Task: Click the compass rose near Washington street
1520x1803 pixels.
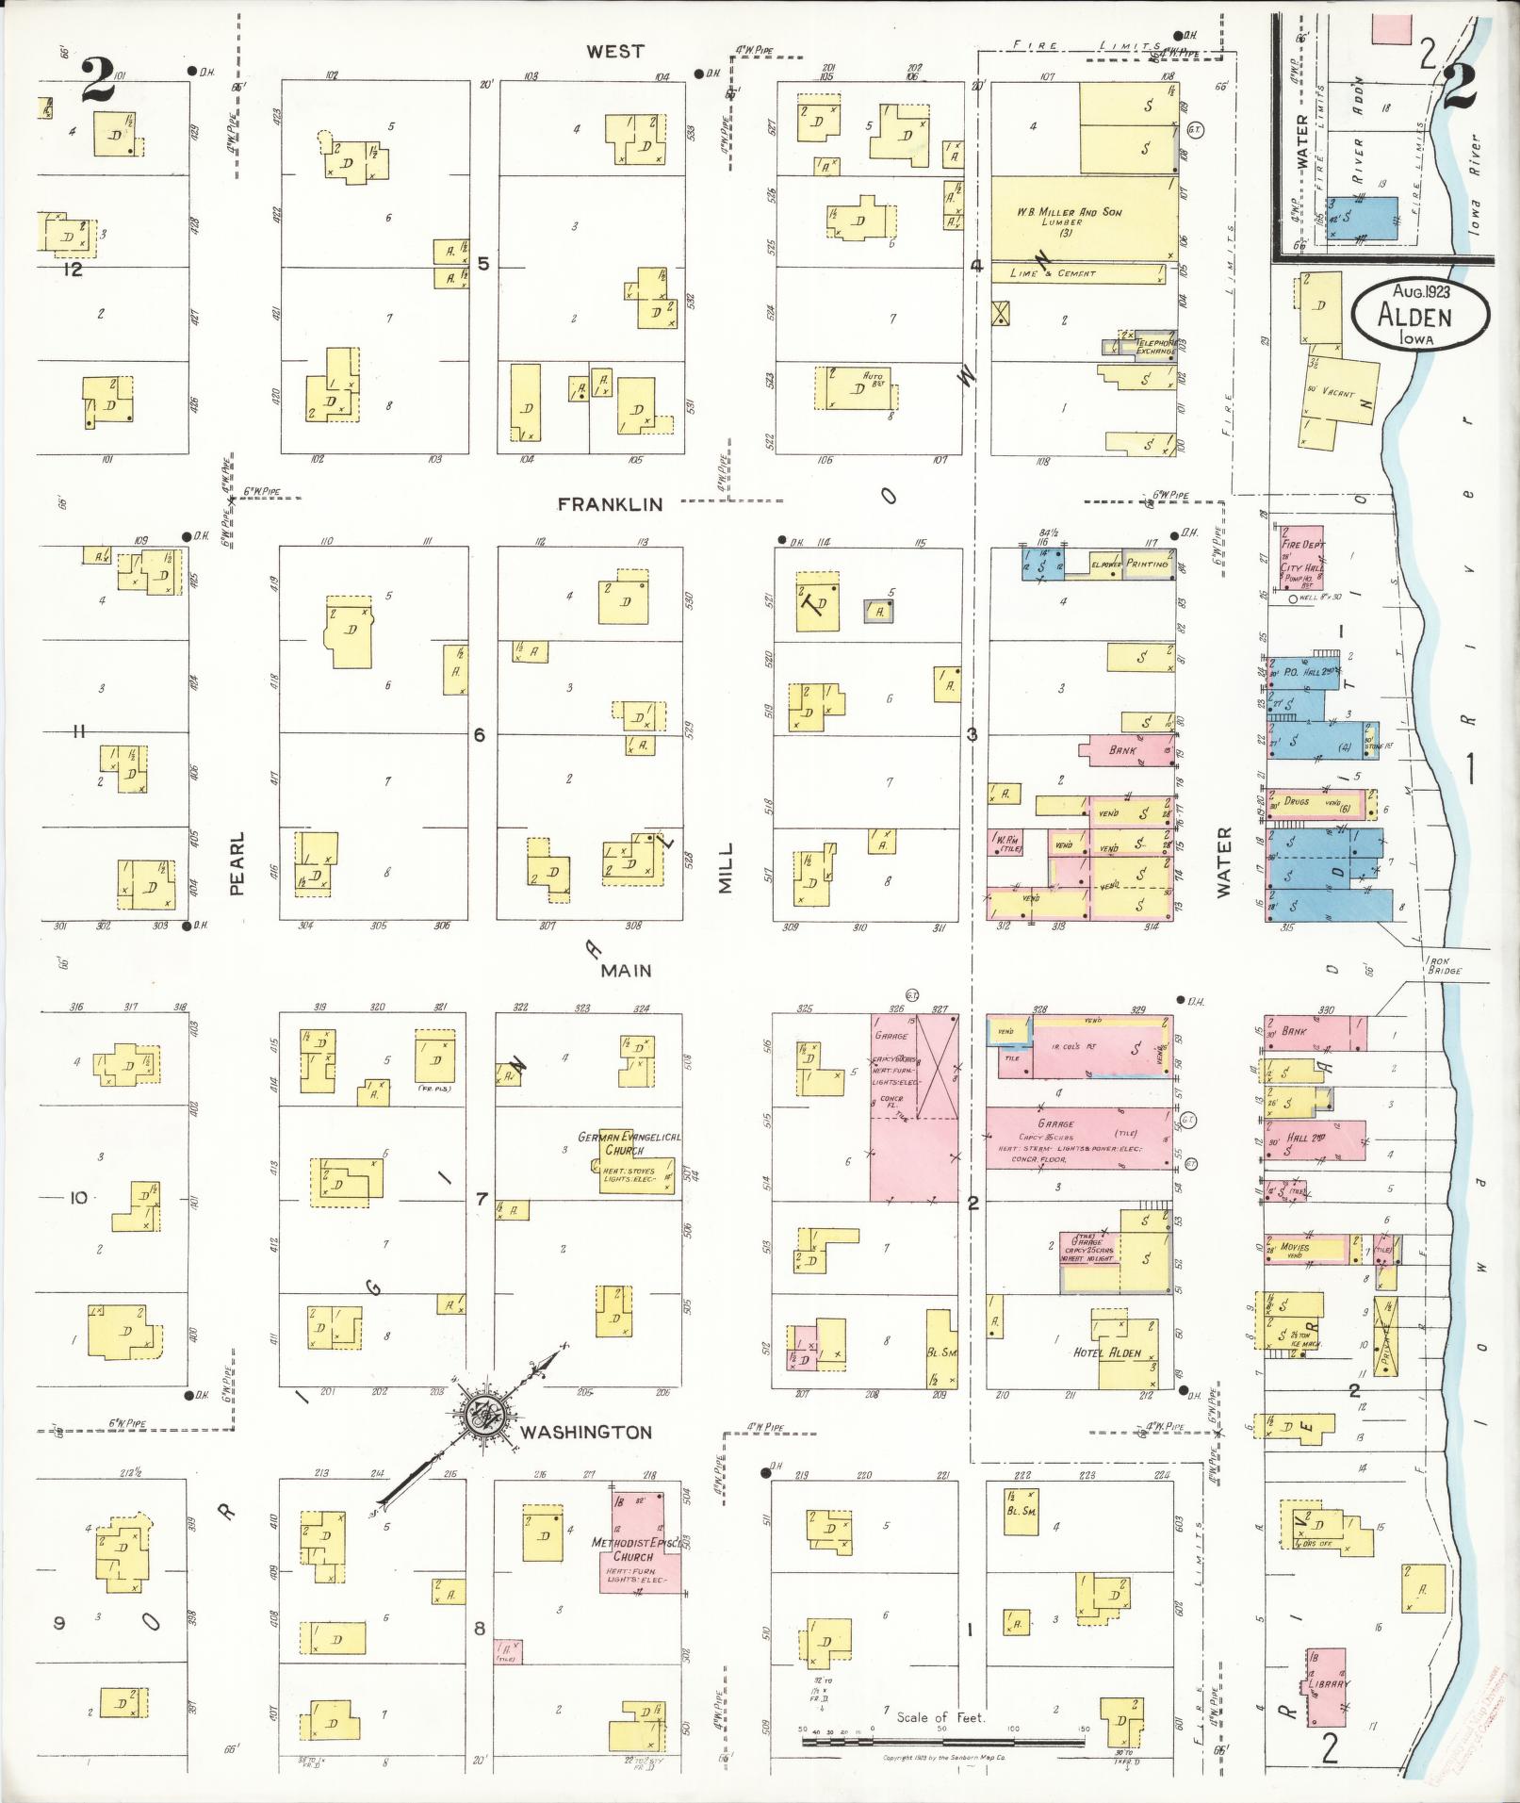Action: tap(482, 1417)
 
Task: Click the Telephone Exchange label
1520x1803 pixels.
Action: tap(1153, 346)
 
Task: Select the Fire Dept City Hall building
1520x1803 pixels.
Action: tap(1301, 557)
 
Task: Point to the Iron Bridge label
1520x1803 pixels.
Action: tap(1442, 966)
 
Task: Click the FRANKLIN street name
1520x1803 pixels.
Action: tap(610, 504)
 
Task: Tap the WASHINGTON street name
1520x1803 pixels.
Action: tap(585, 1433)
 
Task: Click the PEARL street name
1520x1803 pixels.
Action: tap(236, 862)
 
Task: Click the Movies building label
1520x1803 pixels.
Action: tap(1294, 1247)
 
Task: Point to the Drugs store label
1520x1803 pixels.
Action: tap(1297, 801)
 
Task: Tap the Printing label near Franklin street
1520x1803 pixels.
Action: tap(1145, 564)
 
